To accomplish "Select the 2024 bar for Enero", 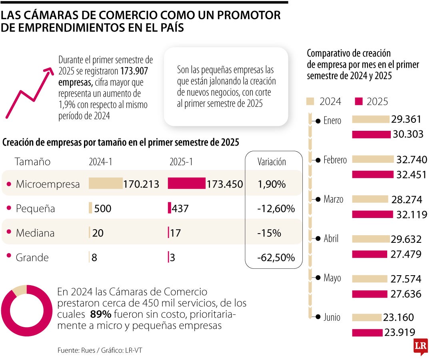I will tap(370, 119).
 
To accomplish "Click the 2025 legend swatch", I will tap(358, 102).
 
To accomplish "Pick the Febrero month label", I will tap(335, 160).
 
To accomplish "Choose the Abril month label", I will tap(331, 239).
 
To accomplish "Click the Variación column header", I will tap(272, 162).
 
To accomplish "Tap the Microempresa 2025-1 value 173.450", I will tap(225, 184).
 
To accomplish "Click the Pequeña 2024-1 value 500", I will tap(103, 209).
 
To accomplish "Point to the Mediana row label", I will tap(35, 233).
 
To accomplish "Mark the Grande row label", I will tap(32, 258).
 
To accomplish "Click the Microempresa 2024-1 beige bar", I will tap(106, 183).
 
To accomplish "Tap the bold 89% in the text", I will tap(100, 314).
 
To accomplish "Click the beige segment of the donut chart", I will tap(20, 290).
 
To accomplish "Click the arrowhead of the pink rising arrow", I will tap(49, 71).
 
